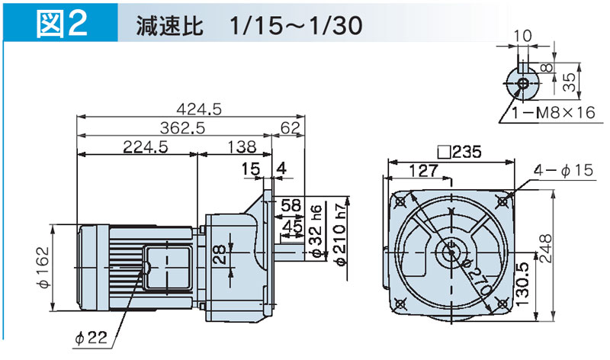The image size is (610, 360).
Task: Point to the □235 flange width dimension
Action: (x=456, y=152)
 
